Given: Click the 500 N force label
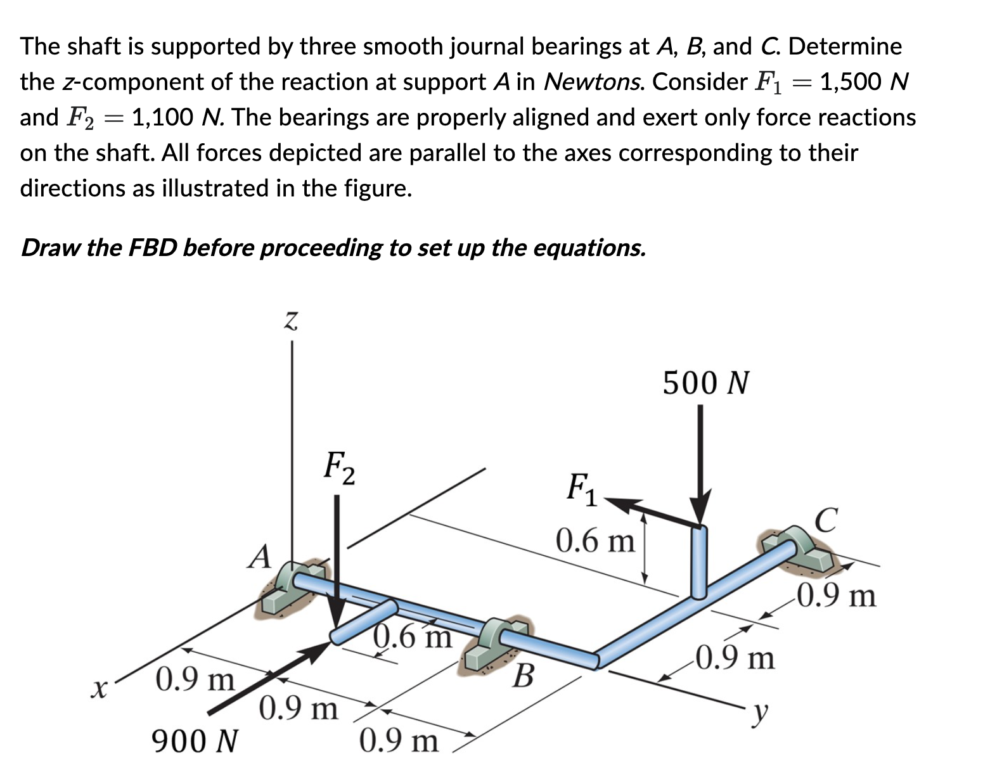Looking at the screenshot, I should click(x=705, y=383).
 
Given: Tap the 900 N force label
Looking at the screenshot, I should click(x=195, y=740).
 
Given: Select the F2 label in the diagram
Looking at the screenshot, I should click(x=339, y=466).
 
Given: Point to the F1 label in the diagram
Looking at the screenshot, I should click(x=581, y=489).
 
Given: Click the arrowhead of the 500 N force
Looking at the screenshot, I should click(x=700, y=510).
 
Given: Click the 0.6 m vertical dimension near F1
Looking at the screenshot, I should click(x=595, y=541).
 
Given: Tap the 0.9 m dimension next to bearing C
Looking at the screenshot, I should click(x=836, y=596).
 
